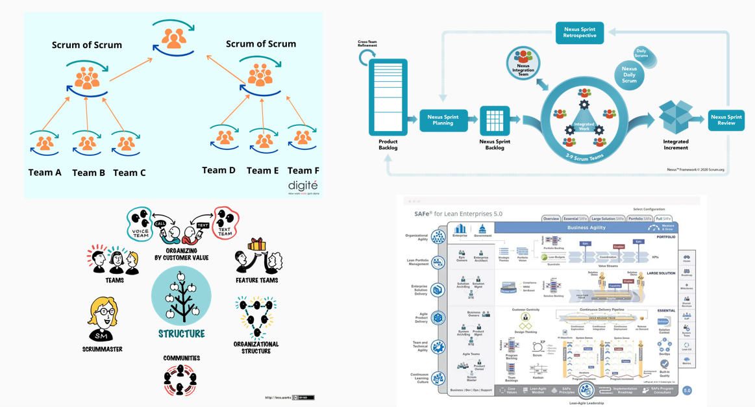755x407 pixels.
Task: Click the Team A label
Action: [x=45, y=173]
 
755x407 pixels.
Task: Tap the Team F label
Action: [x=303, y=171]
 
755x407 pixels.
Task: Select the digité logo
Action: [x=303, y=186]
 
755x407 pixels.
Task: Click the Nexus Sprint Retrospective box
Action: [x=580, y=32]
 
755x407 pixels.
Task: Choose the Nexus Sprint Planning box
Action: [x=443, y=120]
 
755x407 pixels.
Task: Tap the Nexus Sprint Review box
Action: [x=726, y=120]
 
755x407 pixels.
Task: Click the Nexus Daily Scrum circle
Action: [x=629, y=75]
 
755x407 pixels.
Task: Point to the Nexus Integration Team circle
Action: [x=523, y=64]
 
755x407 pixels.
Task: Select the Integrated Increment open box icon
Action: [x=676, y=117]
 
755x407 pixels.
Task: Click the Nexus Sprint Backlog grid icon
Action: [x=495, y=120]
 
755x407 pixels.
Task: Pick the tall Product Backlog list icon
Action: [x=388, y=97]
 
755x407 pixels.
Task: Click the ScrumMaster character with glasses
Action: [x=103, y=319]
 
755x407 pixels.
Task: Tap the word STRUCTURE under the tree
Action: [x=182, y=334]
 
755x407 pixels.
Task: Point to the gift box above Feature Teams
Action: [x=256, y=245]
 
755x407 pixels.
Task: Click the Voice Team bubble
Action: [x=139, y=224]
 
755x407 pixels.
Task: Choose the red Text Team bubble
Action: [x=225, y=223]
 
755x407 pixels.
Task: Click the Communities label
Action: [x=182, y=358]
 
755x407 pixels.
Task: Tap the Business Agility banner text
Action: [x=586, y=228]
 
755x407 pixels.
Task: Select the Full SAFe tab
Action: [x=663, y=219]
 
